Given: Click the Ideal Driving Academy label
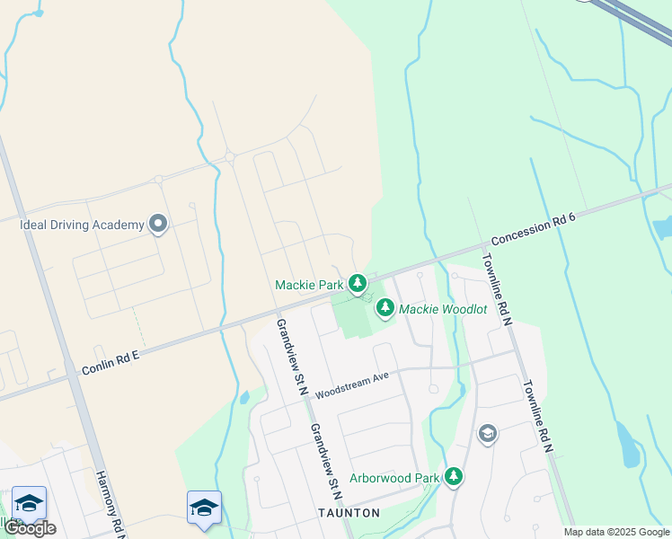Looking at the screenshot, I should tap(82, 224).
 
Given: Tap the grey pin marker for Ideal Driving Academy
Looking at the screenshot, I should tap(159, 223).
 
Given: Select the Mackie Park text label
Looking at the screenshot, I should tap(309, 286).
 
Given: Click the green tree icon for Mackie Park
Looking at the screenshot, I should tap(358, 285).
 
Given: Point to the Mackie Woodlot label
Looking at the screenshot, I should tap(443, 309).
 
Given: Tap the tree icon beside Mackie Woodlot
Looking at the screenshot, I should tap(385, 308).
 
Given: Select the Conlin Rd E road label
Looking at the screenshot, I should tap(111, 363).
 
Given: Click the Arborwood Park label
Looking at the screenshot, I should tap(394, 478).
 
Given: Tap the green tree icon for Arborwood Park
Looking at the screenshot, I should tap(454, 476).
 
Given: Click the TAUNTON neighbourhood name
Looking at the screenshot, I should tap(349, 513).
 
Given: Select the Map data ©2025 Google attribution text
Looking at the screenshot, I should tap(617, 533).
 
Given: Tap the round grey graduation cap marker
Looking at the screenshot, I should tap(487, 435).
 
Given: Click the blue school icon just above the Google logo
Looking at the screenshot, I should tap(29, 504).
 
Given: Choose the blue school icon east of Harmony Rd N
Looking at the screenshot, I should tap(204, 508).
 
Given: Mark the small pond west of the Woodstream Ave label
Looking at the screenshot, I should tap(244, 396).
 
